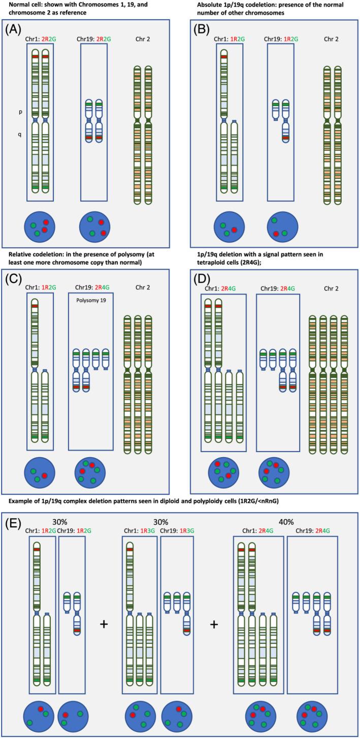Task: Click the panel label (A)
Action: pos(14,29)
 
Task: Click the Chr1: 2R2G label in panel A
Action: pos(40,39)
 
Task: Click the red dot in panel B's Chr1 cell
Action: pos(234,230)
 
